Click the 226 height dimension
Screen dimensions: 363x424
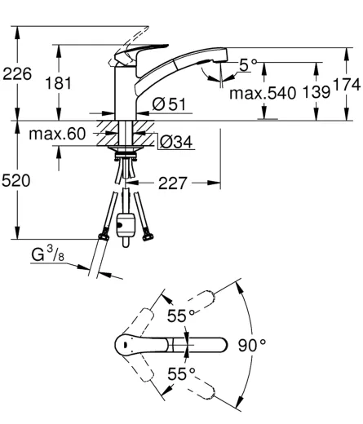(17, 74)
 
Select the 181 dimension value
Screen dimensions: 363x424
(58, 83)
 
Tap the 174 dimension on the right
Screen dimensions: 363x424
(347, 85)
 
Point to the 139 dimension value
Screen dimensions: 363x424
(317, 92)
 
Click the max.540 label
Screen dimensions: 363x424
(263, 93)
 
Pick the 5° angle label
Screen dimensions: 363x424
(247, 65)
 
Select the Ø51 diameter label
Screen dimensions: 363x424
(169, 104)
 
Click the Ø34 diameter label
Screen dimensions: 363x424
(176, 142)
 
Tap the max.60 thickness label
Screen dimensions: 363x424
(57, 134)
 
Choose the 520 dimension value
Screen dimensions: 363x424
(15, 181)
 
